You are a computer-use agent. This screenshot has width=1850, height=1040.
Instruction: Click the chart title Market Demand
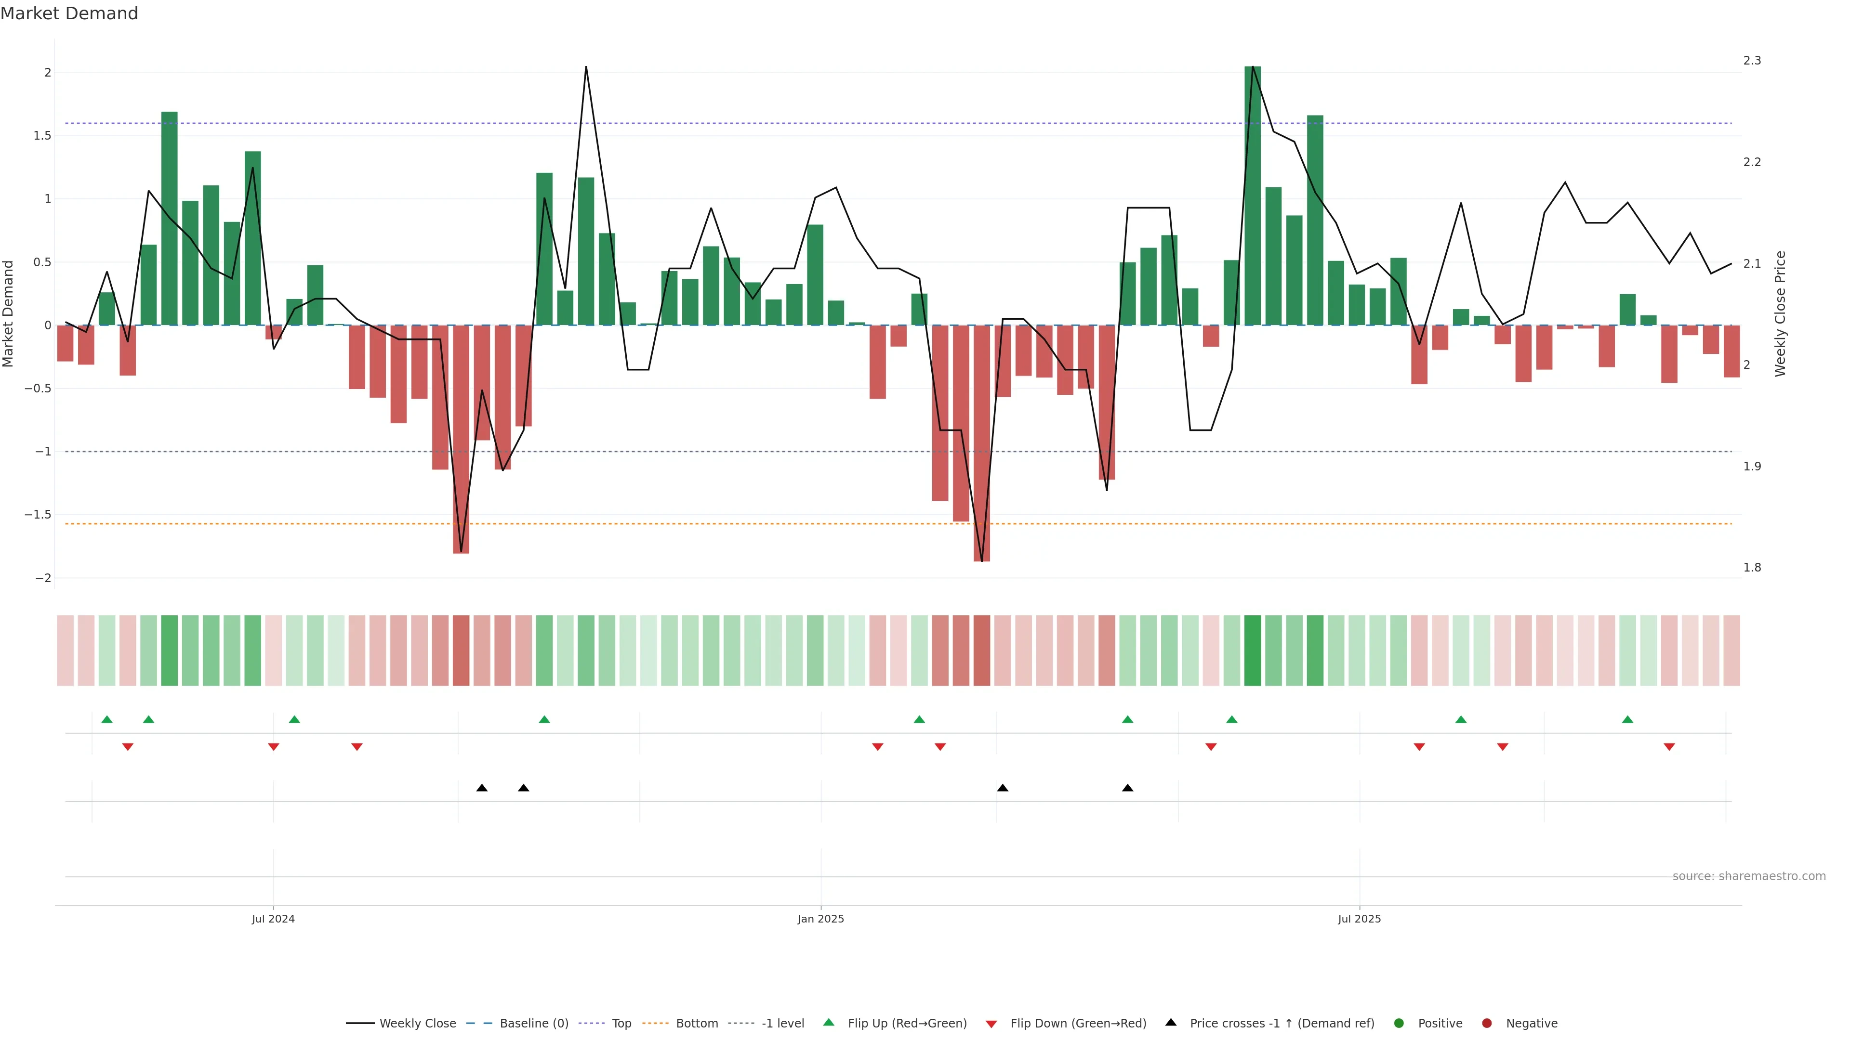pos(69,13)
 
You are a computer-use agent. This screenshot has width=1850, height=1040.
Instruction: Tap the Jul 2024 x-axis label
pos(273,919)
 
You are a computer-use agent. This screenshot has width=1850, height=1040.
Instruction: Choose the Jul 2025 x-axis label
pos(1359,919)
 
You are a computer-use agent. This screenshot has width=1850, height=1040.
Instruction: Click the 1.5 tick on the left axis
pos(42,136)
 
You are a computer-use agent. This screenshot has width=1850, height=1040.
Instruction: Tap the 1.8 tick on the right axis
pos(1752,568)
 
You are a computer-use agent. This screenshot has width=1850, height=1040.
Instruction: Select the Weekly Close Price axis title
pos(1780,313)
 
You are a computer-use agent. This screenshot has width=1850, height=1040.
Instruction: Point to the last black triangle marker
pos(1127,788)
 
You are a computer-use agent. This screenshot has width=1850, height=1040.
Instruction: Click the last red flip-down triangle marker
pos(1669,747)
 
